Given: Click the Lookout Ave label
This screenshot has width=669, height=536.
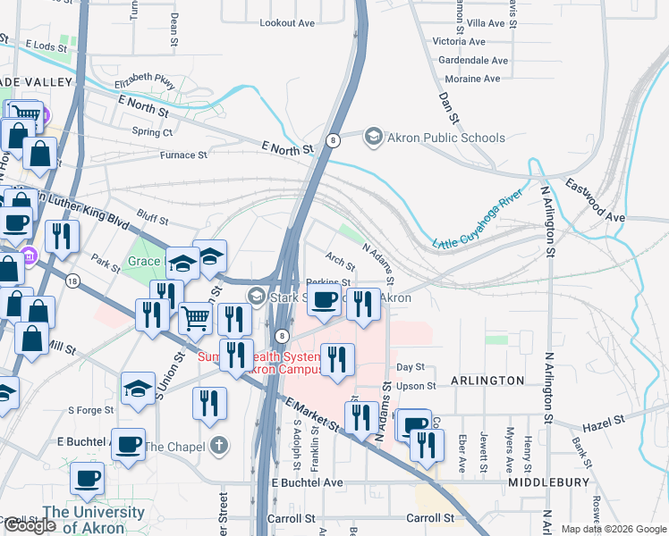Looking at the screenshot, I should pyautogui.click(x=289, y=23).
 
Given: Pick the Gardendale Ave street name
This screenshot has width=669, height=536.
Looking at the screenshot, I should pyautogui.click(x=473, y=61).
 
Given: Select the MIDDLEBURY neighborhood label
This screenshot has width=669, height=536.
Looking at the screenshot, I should pyautogui.click(x=546, y=482).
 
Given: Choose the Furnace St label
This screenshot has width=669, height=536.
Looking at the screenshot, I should pyautogui.click(x=183, y=155).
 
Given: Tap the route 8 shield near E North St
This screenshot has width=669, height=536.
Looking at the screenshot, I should pyautogui.click(x=333, y=140).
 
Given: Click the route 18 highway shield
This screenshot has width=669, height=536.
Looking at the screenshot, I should pyautogui.click(x=72, y=281).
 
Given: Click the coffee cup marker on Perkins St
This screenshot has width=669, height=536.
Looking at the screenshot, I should pyautogui.click(x=324, y=298).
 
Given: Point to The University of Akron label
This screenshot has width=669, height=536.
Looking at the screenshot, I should pyautogui.click(x=93, y=519).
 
